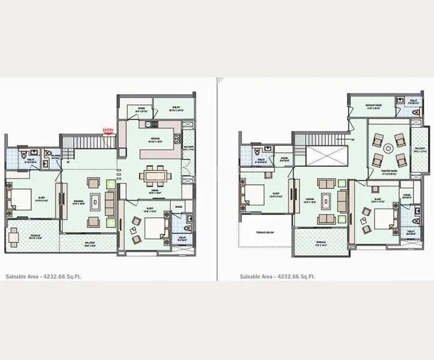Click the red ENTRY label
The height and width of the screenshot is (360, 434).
coord(108,130)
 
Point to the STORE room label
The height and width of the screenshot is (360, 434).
coord(141,109)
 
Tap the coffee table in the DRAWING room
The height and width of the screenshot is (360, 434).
coord(95,200)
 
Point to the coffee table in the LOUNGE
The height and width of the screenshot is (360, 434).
coord(327,201)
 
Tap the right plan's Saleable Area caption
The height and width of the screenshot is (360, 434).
coord(277,277)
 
